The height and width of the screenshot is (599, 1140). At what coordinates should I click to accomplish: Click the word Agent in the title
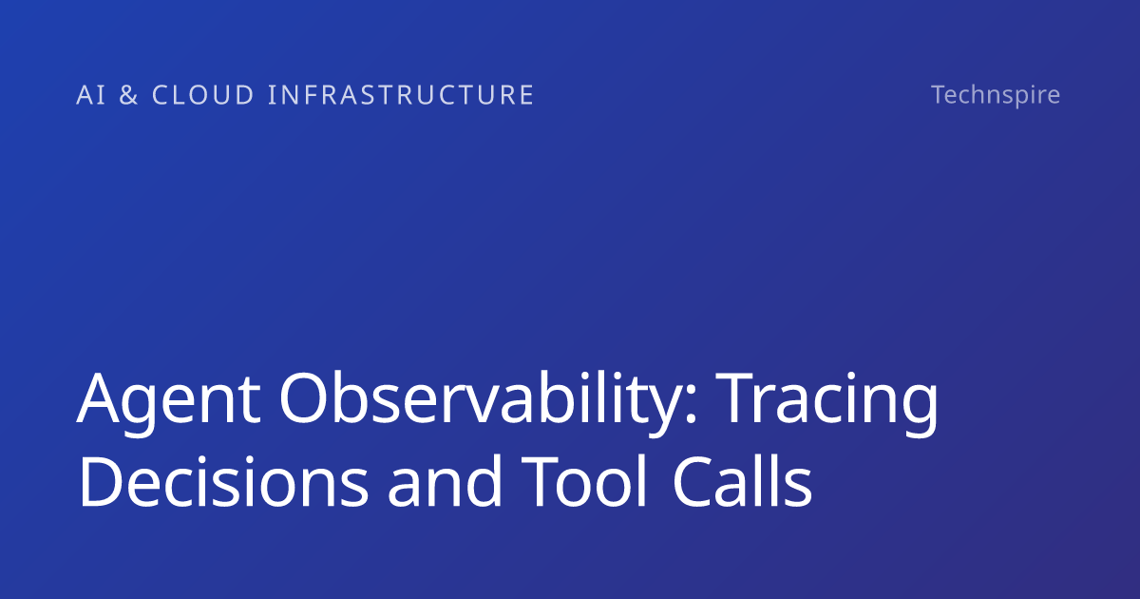168,402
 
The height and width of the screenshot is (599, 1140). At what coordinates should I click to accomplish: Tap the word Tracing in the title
826,402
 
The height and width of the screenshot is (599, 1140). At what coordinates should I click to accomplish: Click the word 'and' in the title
445,481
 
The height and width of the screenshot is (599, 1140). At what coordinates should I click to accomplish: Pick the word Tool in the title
583,481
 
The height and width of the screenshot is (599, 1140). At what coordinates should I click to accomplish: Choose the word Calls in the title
742,481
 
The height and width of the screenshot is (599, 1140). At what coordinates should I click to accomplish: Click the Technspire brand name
996,95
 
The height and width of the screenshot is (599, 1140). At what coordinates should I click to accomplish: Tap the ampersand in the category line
129,95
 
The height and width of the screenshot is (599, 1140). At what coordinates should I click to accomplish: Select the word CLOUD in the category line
203,95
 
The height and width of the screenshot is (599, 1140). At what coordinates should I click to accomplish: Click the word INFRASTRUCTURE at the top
401,95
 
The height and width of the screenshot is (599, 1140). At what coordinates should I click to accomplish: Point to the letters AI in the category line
91,95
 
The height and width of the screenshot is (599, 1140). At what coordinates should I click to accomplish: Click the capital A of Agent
98,398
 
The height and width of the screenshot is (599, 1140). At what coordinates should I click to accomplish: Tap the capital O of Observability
303,397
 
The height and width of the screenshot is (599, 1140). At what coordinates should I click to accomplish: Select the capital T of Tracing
733,398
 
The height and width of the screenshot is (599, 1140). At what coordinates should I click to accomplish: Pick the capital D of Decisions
101,481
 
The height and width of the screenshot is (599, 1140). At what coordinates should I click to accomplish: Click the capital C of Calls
693,481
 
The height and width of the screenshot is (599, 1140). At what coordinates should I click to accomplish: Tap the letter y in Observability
660,413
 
